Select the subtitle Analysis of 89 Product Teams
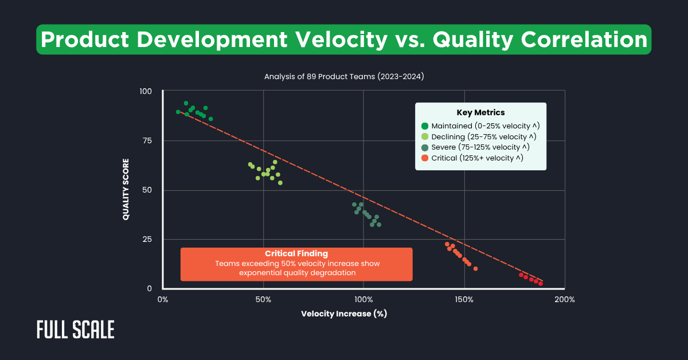(x=344, y=76)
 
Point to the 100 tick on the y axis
(x=146, y=91)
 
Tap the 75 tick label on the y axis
(x=148, y=140)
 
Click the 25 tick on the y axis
(x=148, y=239)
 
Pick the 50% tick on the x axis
(x=263, y=300)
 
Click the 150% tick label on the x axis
(x=464, y=300)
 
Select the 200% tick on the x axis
(x=564, y=300)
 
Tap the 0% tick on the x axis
(x=163, y=300)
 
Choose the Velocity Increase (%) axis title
(x=345, y=314)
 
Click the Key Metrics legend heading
(x=480, y=113)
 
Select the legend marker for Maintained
(x=425, y=126)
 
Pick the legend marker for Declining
(x=425, y=136)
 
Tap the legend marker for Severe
(x=425, y=147)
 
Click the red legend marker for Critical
(x=425, y=158)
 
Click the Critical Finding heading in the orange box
(x=296, y=253)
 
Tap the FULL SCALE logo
(x=75, y=330)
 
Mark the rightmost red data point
(x=540, y=283)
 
